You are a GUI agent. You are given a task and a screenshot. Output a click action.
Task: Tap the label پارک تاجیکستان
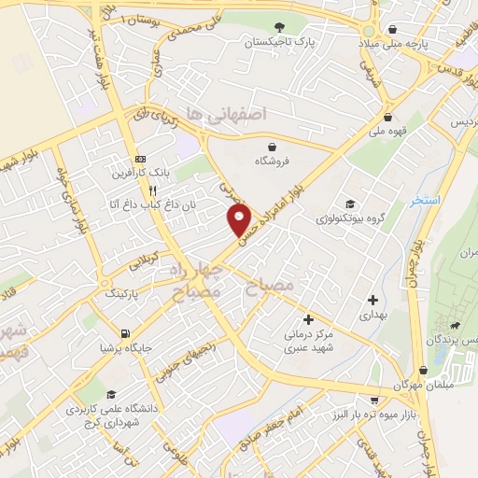click(278, 43)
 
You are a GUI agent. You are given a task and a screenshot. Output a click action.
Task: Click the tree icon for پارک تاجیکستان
click(278, 26)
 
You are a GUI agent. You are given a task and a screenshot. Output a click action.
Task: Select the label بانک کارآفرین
click(148, 173)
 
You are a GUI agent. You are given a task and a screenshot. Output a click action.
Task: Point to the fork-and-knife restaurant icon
click(152, 189)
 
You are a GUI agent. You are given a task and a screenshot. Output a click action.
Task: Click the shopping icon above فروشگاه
click(272, 147)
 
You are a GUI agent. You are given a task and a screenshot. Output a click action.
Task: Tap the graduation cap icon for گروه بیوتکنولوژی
click(350, 203)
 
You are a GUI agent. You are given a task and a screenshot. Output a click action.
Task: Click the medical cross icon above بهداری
click(373, 301)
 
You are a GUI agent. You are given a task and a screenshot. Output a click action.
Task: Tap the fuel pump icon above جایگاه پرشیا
click(124, 333)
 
